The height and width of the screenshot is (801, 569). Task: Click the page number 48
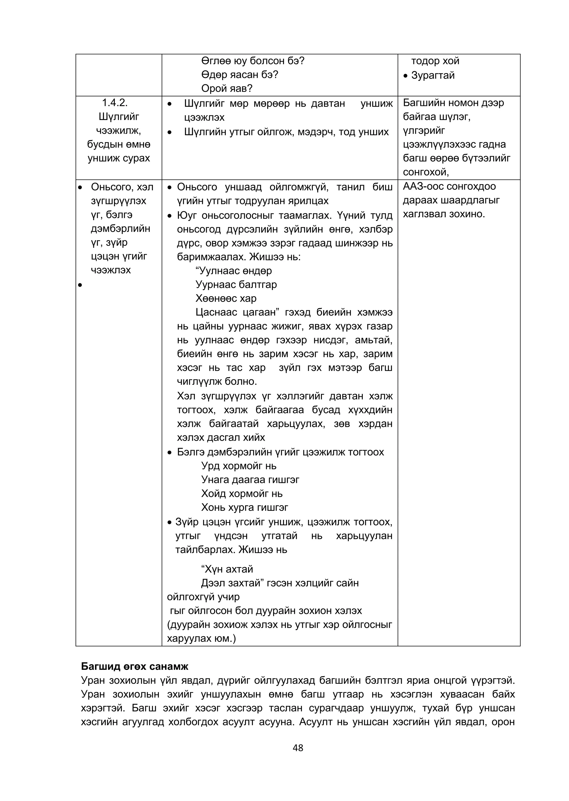pyautogui.click(x=298, y=748)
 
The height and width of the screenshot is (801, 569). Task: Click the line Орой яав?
pyautogui.click(x=227, y=88)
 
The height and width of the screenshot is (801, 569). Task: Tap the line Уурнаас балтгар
pyautogui.click(x=236, y=285)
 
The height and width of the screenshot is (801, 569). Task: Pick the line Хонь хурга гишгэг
pyautogui.click(x=244, y=507)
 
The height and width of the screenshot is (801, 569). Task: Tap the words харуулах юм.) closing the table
pyautogui.click(x=201, y=638)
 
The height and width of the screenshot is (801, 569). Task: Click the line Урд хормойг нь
pyautogui.click(x=239, y=466)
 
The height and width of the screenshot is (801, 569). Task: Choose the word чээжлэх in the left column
pyautogui.click(x=111, y=270)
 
